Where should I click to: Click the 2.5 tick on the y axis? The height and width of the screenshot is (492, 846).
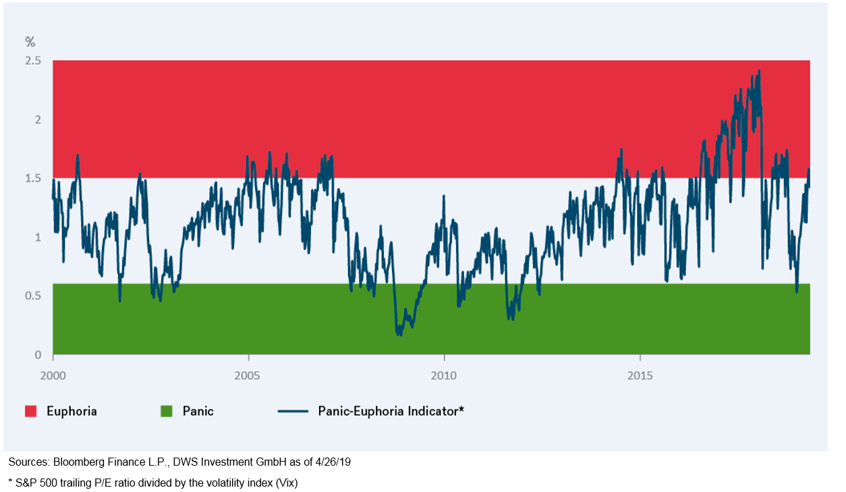[x=33, y=61]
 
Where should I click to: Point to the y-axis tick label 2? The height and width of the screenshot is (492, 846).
[x=38, y=119]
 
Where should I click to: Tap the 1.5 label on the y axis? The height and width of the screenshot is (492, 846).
[x=33, y=178]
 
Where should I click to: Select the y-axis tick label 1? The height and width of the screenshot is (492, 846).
[x=38, y=237]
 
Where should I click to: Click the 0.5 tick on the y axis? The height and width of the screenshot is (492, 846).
[x=33, y=296]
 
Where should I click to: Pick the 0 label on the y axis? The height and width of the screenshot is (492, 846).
[x=38, y=354]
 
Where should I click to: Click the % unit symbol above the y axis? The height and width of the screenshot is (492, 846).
[x=30, y=42]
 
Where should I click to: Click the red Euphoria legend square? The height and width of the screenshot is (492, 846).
[x=30, y=411]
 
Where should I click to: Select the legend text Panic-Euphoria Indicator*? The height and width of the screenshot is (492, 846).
[x=391, y=411]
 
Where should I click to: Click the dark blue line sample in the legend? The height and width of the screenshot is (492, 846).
[x=293, y=411]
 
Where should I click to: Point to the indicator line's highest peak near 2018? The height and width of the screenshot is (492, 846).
[x=760, y=70]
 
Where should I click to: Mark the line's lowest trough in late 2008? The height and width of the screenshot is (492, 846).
[x=398, y=334]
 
